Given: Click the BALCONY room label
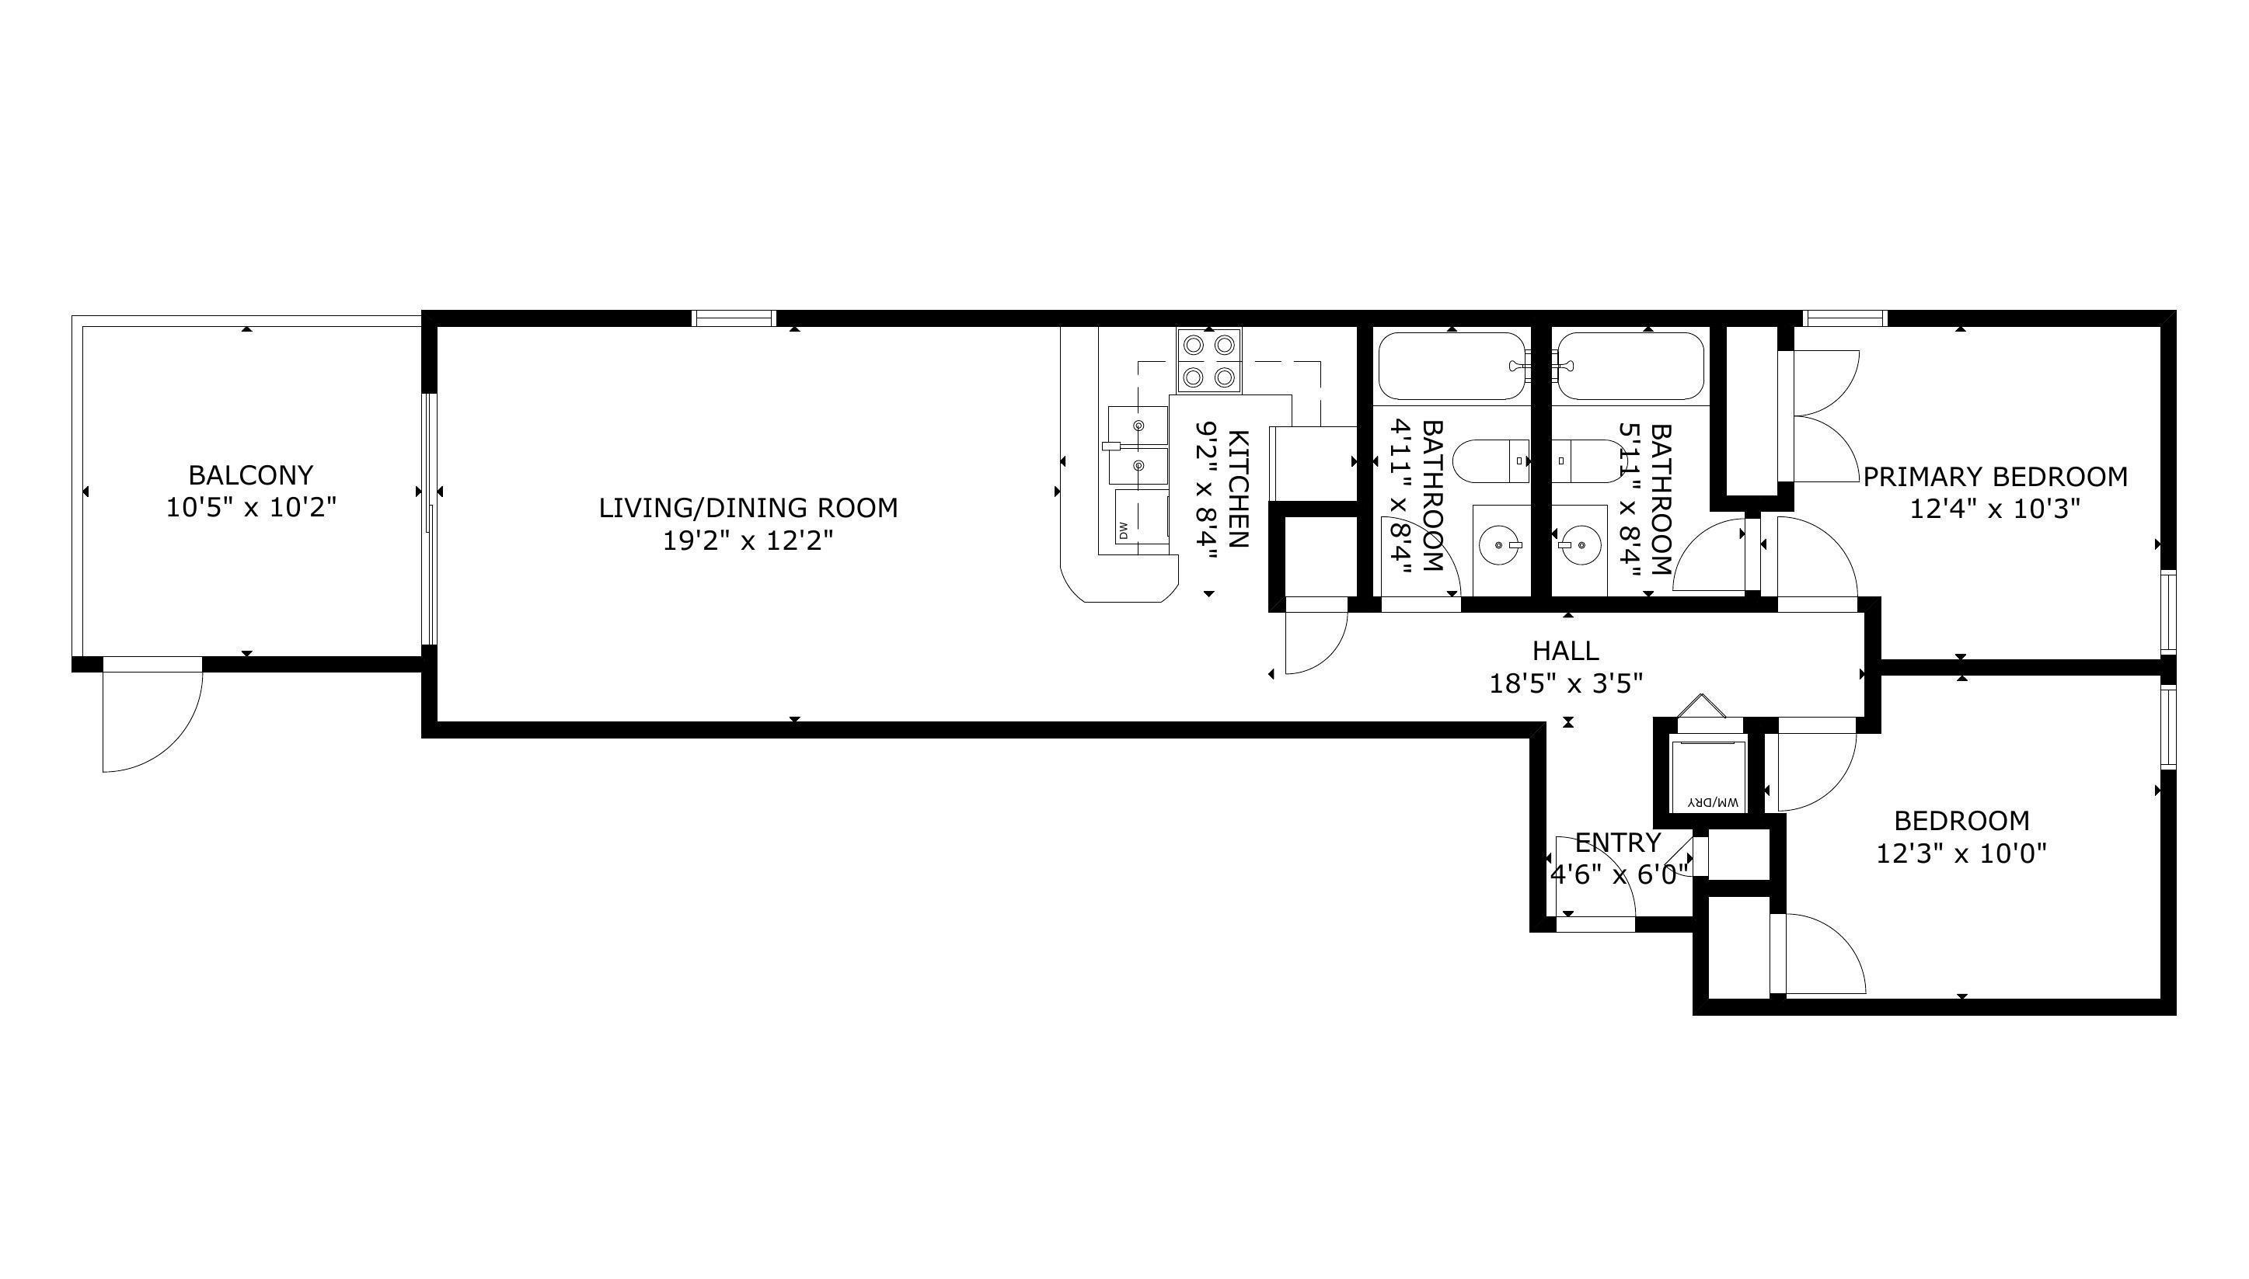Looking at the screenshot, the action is [250, 475].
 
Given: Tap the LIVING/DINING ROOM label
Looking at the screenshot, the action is [748, 508].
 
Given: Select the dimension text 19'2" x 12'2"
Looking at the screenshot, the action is [748, 540].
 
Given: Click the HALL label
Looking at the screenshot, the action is [1565, 651].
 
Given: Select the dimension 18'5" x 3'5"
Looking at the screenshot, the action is [1565, 683].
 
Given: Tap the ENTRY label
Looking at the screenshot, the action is [1617, 843].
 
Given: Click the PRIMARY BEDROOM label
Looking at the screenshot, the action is [1995, 477].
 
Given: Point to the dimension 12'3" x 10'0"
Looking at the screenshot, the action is [1961, 853].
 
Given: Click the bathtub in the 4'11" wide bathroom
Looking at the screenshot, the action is [1452, 367].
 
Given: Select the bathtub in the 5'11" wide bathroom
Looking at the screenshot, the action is [1630, 367].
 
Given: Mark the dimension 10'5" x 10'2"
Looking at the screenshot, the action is [251, 508].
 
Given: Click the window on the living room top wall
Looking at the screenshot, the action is [734, 318].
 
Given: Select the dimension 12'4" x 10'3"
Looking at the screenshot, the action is [1995, 509].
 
